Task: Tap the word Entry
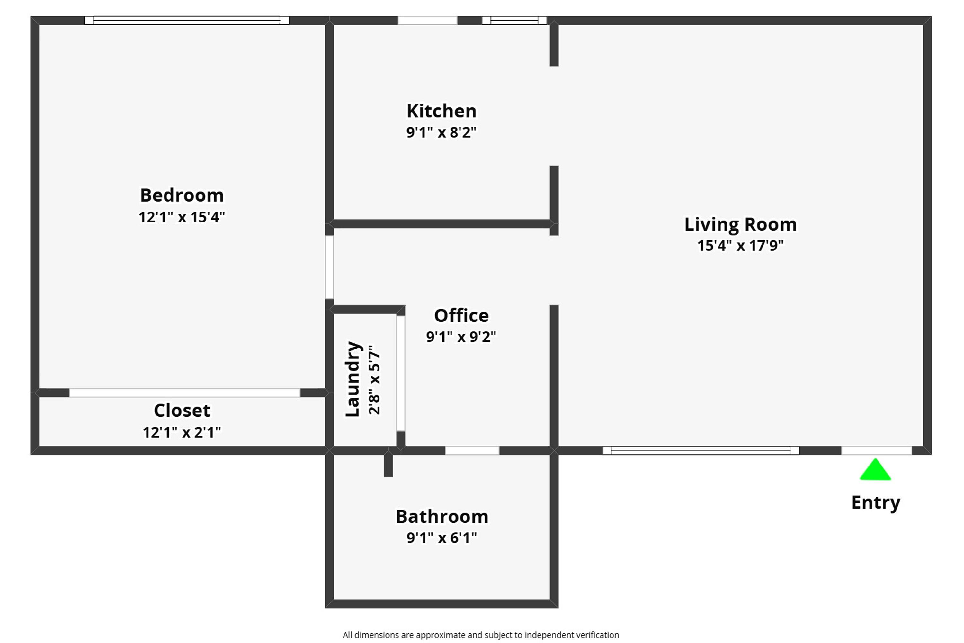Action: (x=875, y=502)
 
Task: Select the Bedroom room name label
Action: (x=182, y=195)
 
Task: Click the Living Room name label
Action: (x=740, y=224)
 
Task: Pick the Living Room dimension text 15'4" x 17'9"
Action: (x=740, y=246)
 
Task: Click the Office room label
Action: (x=461, y=316)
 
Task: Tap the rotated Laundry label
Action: (x=353, y=379)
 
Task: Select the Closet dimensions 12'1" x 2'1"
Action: (x=182, y=432)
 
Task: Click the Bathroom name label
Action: (x=442, y=517)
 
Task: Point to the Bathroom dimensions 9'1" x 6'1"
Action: (x=442, y=538)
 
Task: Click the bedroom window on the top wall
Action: (x=186, y=21)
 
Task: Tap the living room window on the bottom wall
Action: (x=701, y=450)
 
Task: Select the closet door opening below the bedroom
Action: (x=184, y=393)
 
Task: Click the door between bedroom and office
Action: (x=329, y=267)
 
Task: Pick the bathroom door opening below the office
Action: (x=472, y=450)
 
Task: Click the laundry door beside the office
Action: (x=400, y=373)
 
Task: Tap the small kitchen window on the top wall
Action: (x=514, y=21)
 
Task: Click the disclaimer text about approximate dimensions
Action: (x=481, y=635)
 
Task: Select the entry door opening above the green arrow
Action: (x=876, y=450)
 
